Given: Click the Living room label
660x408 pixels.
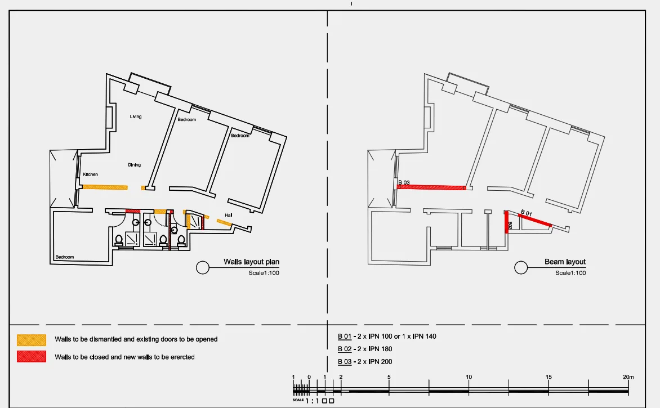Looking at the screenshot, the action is pyautogui.click(x=136, y=116).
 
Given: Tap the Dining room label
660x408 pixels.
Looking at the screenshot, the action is pyautogui.click(x=134, y=165).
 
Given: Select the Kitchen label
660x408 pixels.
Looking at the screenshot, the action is pyautogui.click(x=91, y=174).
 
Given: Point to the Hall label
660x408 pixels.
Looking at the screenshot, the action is pyautogui.click(x=228, y=215).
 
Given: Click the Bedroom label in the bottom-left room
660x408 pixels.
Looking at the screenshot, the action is pyautogui.click(x=65, y=257).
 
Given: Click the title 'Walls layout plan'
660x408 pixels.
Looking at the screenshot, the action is pyautogui.click(x=251, y=262).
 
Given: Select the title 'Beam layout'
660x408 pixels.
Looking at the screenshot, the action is pyautogui.click(x=565, y=262).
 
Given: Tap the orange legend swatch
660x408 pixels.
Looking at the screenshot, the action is pyautogui.click(x=32, y=340).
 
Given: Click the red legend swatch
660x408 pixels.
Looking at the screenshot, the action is pyautogui.click(x=32, y=356).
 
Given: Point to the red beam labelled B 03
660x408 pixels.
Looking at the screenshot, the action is pyautogui.click(x=431, y=187).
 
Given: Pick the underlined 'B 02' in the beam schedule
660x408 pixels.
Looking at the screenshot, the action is pyautogui.click(x=344, y=349).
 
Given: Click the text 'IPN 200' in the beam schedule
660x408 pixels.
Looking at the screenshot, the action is pyautogui.click(x=380, y=361).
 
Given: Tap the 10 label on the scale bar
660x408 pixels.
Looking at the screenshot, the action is pyautogui.click(x=469, y=377).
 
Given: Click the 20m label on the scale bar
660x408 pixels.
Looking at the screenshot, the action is pyautogui.click(x=628, y=377).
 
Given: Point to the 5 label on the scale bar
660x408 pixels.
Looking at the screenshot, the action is pyautogui.click(x=389, y=377).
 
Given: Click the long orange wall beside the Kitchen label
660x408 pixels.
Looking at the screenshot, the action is pyautogui.click(x=105, y=187).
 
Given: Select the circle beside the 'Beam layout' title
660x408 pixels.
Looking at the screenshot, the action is pyautogui.click(x=521, y=267).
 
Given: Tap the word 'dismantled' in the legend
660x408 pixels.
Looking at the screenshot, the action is pyautogui.click(x=105, y=339).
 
